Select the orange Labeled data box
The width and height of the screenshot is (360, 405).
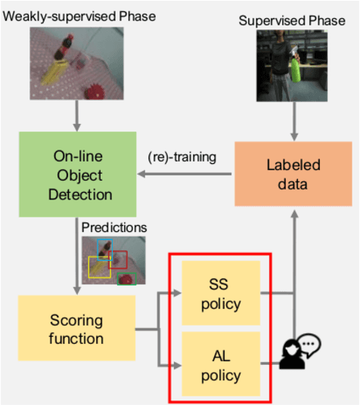[293, 174]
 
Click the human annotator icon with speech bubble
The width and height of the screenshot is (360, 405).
[299, 352]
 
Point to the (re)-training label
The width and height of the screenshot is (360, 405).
[182, 157]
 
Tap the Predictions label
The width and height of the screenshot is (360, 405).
[113, 227]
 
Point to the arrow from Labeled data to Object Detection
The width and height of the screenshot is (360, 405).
[185, 175]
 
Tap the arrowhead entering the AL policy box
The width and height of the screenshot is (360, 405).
[178, 367]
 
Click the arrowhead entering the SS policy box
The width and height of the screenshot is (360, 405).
[178, 292]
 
